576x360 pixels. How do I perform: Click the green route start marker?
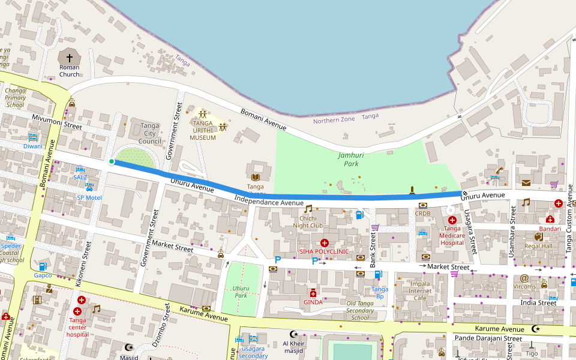click(112, 161)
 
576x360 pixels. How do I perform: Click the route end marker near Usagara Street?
click(464, 193)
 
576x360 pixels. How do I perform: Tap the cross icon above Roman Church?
click(69, 58)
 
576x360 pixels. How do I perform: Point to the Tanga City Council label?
click(149, 133)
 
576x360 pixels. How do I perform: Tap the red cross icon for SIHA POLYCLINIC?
click(324, 242)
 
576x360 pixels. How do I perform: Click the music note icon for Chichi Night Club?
click(308, 209)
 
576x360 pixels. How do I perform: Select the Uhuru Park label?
click(241, 292)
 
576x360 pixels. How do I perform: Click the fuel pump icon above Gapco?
click(43, 266)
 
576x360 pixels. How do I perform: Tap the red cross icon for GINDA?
click(313, 293)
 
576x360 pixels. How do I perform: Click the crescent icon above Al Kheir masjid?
click(293, 334)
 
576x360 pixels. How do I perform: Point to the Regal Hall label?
click(538, 246)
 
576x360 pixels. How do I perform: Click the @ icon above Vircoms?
click(524, 278)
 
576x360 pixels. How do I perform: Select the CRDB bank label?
click(422, 214)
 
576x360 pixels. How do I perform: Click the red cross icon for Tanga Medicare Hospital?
click(452, 220)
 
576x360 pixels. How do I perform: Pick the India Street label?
click(538, 303)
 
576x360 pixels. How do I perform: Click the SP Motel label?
click(89, 197)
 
